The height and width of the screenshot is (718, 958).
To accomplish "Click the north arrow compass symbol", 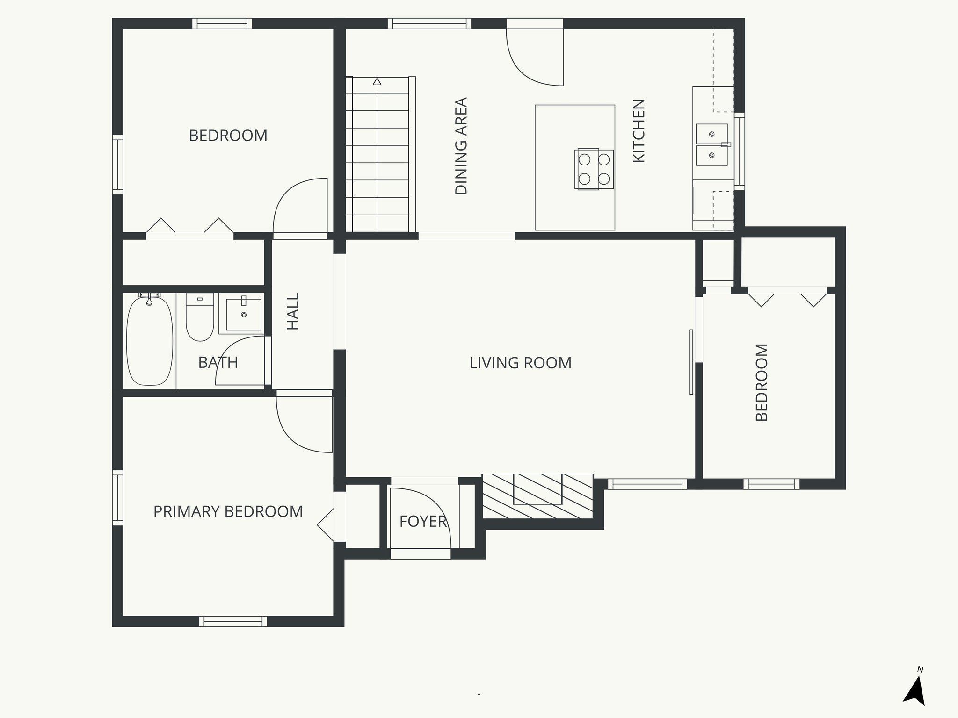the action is pos(915,693).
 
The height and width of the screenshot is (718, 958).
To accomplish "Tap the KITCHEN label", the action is pos(639,130).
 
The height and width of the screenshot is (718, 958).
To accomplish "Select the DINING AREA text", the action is pos(461,146).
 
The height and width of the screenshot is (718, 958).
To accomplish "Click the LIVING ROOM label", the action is pos(520,363).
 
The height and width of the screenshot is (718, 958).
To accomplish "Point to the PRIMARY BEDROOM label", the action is pos(228,511).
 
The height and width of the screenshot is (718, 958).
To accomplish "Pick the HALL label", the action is pos(293,311).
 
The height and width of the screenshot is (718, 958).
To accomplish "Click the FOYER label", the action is pos(423,521).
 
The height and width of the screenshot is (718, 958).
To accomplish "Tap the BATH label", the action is pos(218,362).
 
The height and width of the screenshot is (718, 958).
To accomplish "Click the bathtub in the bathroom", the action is pos(150,340).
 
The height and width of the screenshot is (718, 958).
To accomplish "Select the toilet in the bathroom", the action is pos(200,316).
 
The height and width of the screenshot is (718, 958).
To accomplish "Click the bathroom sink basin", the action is pos(244,314).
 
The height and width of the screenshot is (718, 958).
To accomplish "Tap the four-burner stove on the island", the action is pos(594,169).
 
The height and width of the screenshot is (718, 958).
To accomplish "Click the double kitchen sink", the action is pos(711,144).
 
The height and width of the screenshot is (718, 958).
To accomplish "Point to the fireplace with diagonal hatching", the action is pos(537,496).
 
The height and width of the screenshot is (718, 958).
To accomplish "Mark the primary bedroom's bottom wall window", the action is pos(233,621).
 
